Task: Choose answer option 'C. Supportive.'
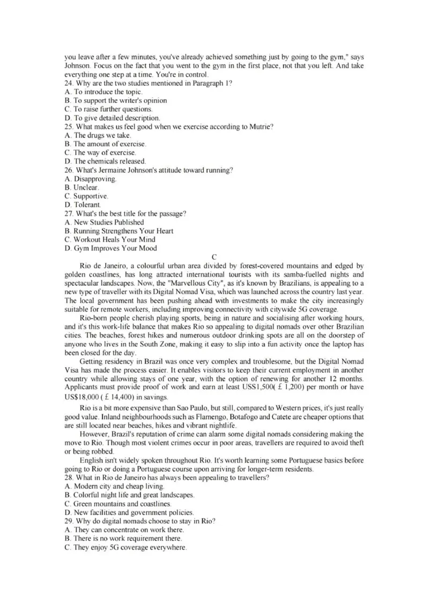coord(86,196)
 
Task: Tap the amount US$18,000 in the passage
coord(86,398)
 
